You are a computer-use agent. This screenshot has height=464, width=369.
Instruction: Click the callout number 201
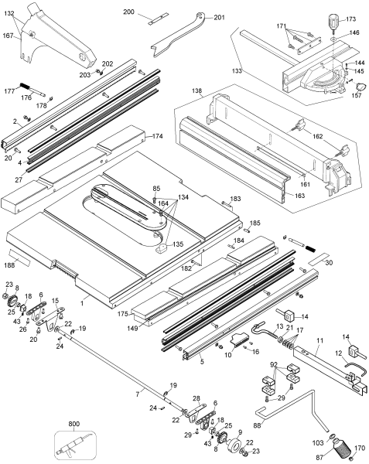pyautogui.click(x=219, y=18)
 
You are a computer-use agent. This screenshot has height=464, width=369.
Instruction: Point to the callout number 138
pyautogui.click(x=197, y=91)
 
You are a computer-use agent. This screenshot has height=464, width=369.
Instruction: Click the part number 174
pyautogui.click(x=158, y=136)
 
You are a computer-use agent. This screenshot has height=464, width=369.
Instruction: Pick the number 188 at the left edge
pyautogui.click(x=9, y=264)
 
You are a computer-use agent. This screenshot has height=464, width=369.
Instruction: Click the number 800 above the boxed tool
pyautogui.click(x=73, y=424)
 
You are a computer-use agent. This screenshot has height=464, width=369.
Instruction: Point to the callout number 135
pyautogui.click(x=178, y=244)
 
